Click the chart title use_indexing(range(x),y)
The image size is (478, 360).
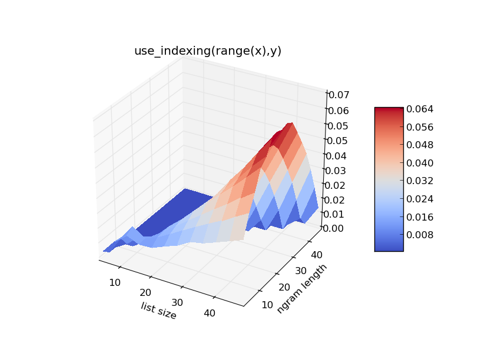[208, 51]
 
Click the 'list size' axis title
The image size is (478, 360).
[158, 311]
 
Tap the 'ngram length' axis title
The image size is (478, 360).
[302, 288]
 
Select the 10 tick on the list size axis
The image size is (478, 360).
[115, 282]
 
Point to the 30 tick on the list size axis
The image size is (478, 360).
[177, 302]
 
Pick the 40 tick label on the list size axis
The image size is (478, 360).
[210, 313]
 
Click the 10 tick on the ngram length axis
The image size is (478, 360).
[267, 305]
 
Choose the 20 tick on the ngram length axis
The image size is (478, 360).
[284, 287]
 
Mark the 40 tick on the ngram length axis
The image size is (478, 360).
[317, 255]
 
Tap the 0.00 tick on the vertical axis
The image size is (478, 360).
[333, 228]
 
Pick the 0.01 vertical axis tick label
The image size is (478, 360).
[334, 214]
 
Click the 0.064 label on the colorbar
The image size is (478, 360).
[420, 109]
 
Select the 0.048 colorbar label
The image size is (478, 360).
[420, 145]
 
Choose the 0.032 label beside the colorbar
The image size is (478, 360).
[420, 181]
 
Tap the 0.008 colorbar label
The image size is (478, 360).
[420, 235]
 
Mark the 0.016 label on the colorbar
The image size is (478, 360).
[420, 217]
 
